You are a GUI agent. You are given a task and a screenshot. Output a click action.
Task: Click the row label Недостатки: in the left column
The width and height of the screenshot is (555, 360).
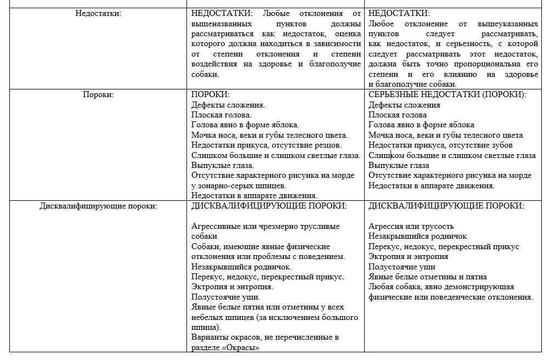(98, 14)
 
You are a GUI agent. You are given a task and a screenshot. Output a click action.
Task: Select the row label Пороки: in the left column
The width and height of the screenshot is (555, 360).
(98, 94)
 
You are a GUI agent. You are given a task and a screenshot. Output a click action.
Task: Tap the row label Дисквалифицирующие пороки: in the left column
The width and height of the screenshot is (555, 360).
(98, 206)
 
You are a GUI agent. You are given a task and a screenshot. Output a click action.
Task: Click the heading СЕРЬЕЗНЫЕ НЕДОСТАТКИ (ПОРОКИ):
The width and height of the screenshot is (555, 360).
(448, 94)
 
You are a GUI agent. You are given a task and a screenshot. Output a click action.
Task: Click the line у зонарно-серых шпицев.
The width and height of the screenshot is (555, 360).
(239, 185)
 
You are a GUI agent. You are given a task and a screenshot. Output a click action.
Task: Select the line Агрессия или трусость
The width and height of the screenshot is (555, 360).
(411, 226)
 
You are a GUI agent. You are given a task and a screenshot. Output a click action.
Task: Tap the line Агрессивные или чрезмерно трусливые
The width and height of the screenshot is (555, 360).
(265, 226)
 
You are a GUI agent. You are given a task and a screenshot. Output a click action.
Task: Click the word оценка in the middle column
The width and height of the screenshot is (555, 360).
(346, 34)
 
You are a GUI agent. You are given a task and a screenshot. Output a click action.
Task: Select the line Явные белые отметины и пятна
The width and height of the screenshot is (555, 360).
(428, 277)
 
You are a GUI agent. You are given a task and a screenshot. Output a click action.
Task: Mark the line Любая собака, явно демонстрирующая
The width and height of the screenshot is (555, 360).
(441, 287)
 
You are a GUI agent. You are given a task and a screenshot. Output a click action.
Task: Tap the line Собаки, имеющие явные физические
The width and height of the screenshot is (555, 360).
(261, 246)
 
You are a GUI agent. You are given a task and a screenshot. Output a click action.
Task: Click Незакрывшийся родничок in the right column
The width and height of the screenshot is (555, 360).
(417, 236)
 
